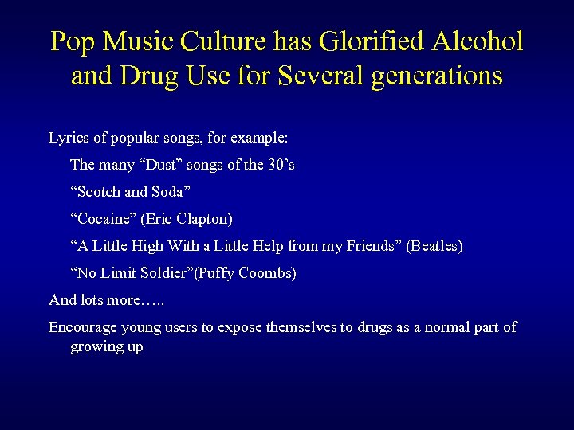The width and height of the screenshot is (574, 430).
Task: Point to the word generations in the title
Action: [x=434, y=76]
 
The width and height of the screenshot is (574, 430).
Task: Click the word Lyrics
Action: [x=69, y=138]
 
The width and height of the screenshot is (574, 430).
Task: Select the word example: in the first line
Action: [x=258, y=138]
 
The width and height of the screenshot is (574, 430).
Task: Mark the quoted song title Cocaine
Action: [x=104, y=219]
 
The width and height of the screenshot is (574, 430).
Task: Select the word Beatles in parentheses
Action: [x=434, y=246]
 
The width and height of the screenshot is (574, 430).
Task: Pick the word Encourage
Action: [x=85, y=327]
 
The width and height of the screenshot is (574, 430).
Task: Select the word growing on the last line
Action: [x=96, y=346]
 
